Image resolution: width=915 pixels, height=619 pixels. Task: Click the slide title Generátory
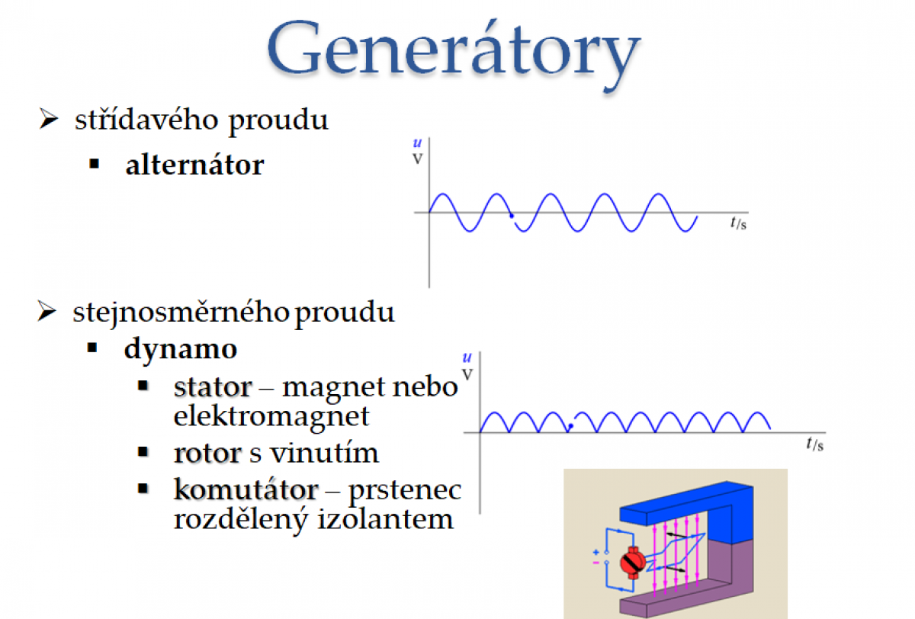click(454, 54)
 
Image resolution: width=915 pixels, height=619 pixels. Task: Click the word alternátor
click(195, 165)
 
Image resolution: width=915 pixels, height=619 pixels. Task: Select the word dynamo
click(181, 349)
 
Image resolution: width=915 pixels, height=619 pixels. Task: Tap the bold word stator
click(213, 386)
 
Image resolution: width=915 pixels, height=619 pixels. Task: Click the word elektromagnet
click(271, 417)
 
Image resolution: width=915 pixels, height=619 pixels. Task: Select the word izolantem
click(385, 518)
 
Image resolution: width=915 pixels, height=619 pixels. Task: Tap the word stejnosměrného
click(181, 313)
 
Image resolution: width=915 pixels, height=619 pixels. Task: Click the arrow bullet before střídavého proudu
click(48, 119)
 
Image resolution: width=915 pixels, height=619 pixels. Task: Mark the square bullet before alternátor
click(95, 164)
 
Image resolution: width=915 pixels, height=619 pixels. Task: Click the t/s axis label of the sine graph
click(739, 223)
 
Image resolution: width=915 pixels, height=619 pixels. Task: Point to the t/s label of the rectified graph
click(814, 444)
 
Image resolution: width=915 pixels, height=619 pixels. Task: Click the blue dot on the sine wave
click(512, 216)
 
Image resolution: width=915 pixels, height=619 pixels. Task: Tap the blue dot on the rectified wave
click(571, 426)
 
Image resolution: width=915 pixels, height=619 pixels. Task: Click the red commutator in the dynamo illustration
click(632, 563)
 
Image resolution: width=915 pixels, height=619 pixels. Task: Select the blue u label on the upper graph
click(417, 143)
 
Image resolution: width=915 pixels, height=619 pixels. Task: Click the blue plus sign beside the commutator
click(596, 552)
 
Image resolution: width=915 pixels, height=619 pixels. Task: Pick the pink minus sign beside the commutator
click(596, 563)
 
